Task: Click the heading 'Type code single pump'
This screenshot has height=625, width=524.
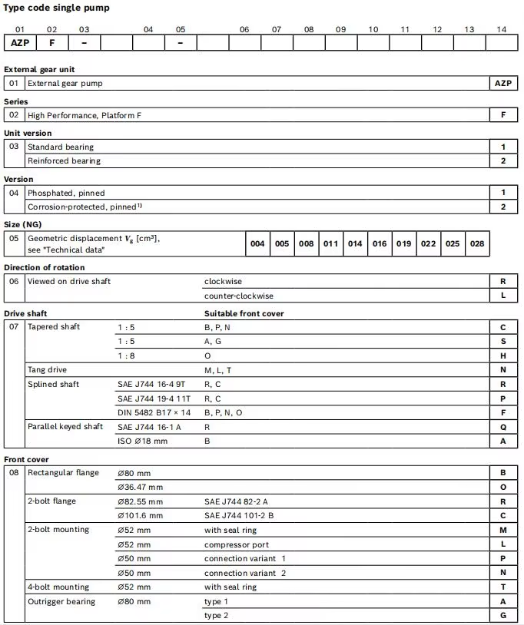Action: (x=57, y=8)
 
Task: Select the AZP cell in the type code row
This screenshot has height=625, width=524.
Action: (x=20, y=42)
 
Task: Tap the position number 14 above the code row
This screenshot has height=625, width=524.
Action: (x=502, y=29)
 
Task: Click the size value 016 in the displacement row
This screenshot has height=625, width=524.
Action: (x=380, y=243)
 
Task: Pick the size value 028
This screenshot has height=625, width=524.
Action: (x=477, y=243)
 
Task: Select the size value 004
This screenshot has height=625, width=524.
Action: (x=257, y=243)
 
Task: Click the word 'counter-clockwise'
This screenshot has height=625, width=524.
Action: (x=238, y=296)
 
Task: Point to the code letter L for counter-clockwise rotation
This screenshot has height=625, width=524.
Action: (x=503, y=296)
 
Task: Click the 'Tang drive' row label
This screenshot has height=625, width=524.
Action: (x=47, y=369)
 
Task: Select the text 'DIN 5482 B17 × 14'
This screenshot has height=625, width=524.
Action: (x=154, y=412)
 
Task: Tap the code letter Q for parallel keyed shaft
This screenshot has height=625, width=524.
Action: (x=503, y=427)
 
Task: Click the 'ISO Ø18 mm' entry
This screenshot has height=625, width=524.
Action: (x=141, y=441)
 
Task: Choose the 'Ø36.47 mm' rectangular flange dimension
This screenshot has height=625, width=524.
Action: (x=140, y=487)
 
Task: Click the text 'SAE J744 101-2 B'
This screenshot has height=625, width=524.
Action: (x=239, y=515)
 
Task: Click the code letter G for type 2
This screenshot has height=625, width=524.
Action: (x=503, y=616)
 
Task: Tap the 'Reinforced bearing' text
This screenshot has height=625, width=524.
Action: (x=64, y=160)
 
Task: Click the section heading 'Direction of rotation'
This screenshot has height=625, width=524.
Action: (x=45, y=267)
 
